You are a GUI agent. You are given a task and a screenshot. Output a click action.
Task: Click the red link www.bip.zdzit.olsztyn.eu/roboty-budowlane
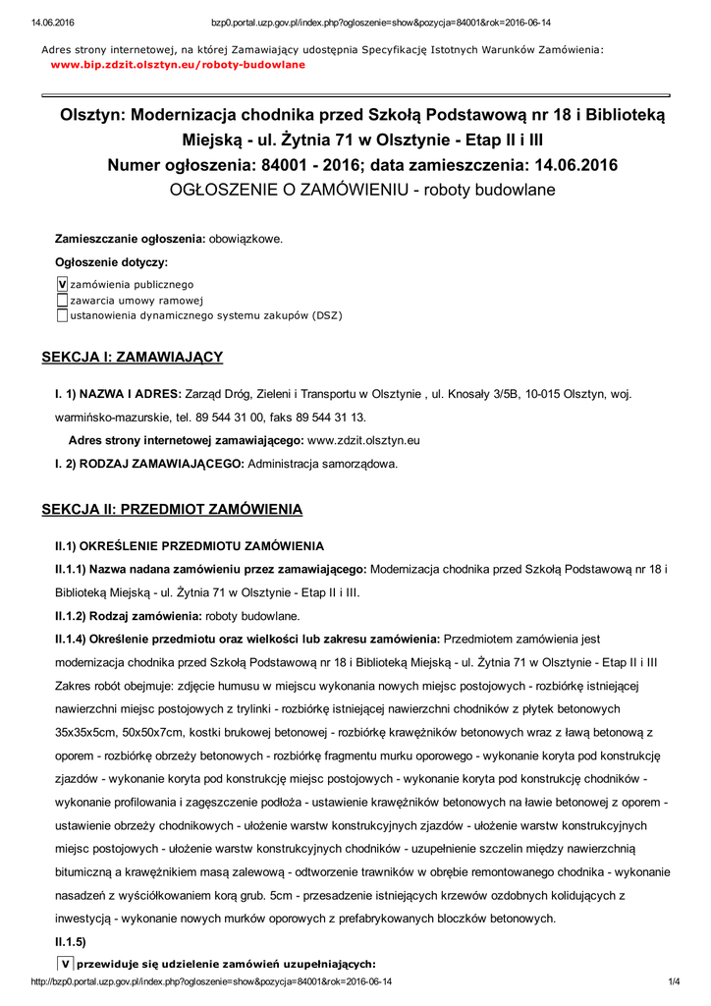(x=178, y=64)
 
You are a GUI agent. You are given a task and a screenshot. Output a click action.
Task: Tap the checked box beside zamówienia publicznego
(x=62, y=284)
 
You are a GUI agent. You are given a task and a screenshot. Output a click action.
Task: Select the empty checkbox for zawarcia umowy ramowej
(x=62, y=300)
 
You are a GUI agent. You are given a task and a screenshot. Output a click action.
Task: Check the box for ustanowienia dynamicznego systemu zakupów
(x=62, y=315)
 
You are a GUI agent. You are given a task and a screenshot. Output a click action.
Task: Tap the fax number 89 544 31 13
(x=332, y=417)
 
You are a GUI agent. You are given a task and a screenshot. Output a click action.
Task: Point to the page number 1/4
(x=675, y=981)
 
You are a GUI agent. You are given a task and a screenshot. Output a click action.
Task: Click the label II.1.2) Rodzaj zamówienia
(x=128, y=616)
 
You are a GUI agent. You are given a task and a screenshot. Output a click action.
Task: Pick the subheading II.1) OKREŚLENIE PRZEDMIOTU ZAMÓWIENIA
(x=190, y=545)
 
